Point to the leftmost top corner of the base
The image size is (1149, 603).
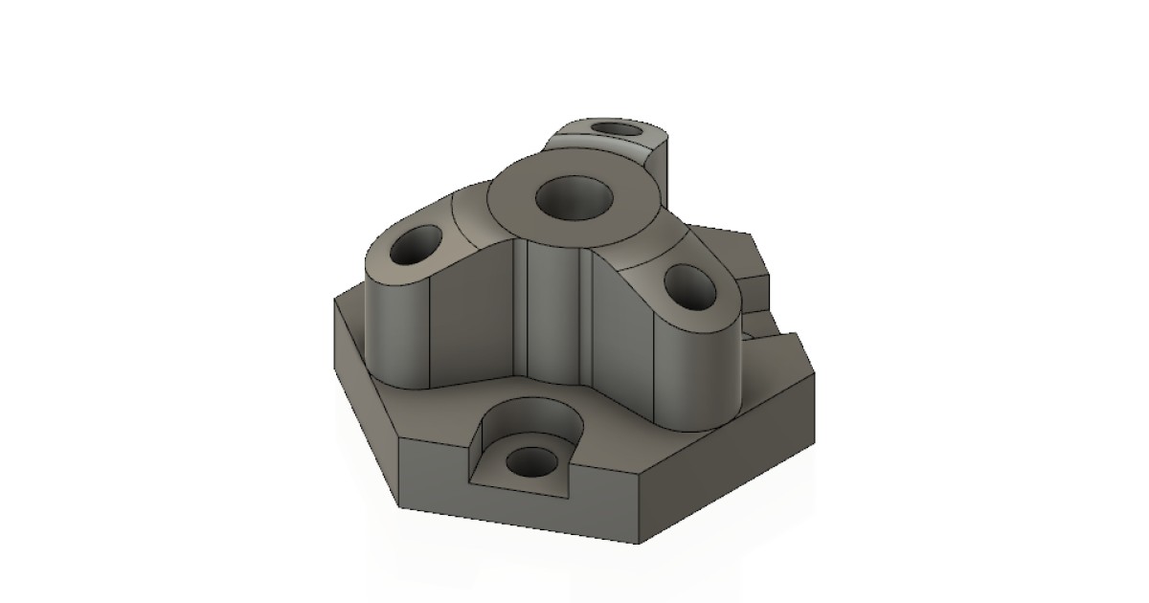tap(334, 299)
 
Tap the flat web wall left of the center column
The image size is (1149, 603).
tap(474, 316)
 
